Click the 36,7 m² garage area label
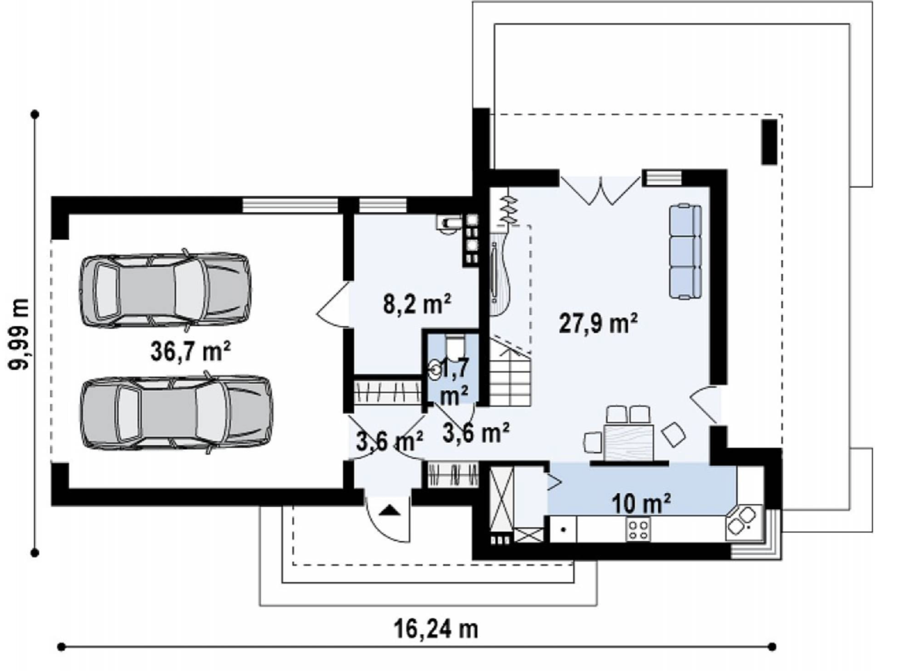tap(190, 351)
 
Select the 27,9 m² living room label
tap(598, 323)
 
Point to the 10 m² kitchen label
tap(641, 504)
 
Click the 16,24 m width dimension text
tap(436, 630)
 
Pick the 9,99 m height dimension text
tap(19, 334)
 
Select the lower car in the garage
tap(176, 413)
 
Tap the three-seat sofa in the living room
tap(685, 252)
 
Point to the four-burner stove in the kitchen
tap(638, 530)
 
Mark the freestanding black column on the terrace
tap(769, 142)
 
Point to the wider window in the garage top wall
tap(290, 205)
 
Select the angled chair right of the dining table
tap(673, 434)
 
